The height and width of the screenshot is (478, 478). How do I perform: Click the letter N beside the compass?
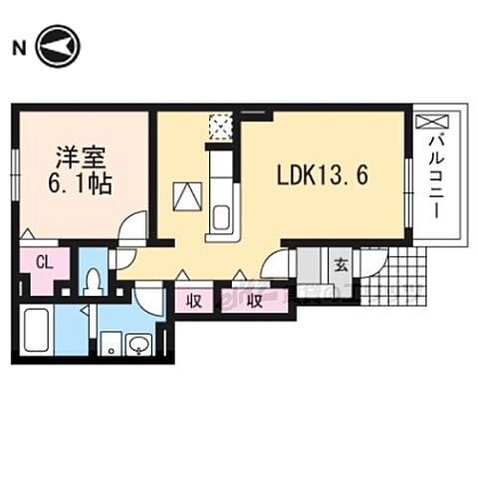click(18, 47)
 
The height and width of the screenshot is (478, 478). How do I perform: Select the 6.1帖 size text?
click(81, 182)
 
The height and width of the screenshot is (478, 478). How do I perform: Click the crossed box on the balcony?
click(435, 123)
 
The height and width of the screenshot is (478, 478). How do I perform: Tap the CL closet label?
click(44, 263)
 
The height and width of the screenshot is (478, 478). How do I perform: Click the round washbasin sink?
click(137, 346)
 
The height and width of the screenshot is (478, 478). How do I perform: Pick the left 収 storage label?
click(195, 300)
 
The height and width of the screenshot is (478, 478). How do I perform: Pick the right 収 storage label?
click(254, 300)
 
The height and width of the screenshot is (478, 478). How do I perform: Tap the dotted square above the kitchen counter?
click(219, 125)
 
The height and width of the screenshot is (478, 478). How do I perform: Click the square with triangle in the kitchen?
click(187, 196)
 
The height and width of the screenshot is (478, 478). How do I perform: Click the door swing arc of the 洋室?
click(131, 226)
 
